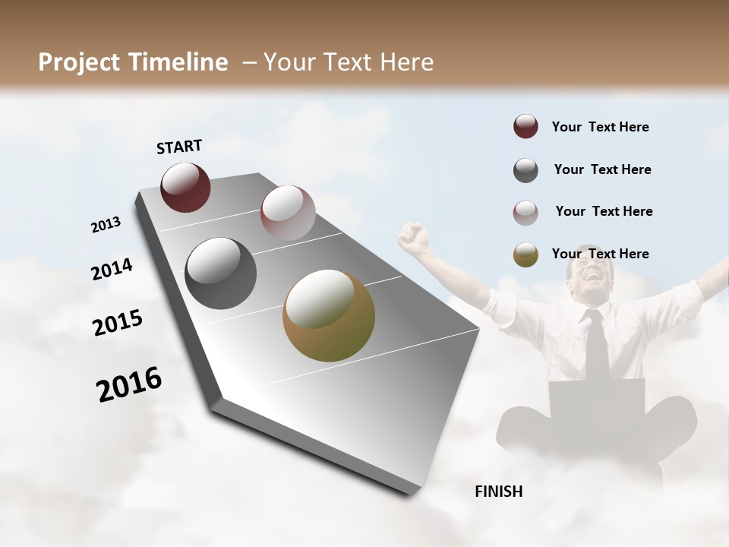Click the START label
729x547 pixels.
click(x=179, y=147)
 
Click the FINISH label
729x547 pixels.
click(x=498, y=492)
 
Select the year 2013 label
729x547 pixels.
click(x=106, y=225)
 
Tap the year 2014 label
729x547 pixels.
click(x=112, y=270)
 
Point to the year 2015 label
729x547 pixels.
click(x=117, y=322)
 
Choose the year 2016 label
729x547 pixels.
click(x=128, y=384)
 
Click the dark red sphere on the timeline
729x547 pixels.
click(x=185, y=188)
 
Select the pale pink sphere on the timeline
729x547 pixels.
click(x=288, y=213)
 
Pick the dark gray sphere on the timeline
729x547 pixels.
click(x=220, y=273)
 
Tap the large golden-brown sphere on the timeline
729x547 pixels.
click(x=329, y=315)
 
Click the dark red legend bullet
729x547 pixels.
click(x=525, y=127)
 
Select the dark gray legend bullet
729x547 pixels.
click(x=525, y=170)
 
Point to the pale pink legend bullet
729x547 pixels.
click(x=525, y=212)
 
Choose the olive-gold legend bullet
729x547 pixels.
click(x=525, y=255)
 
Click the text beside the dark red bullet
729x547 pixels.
click(x=600, y=128)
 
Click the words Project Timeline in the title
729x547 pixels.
click(x=133, y=62)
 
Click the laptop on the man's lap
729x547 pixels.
click(x=596, y=399)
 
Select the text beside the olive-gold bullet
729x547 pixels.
click(x=600, y=254)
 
